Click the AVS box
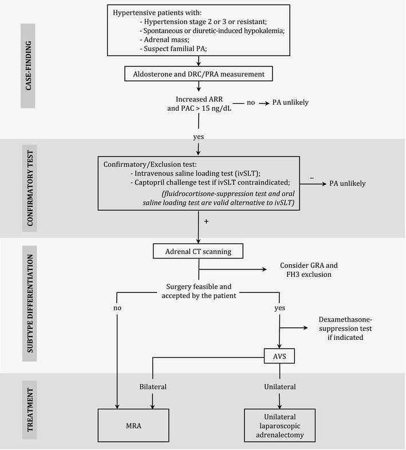click(x=279, y=356)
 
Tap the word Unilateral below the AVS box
click(x=279, y=387)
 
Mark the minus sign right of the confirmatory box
click(x=312, y=178)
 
